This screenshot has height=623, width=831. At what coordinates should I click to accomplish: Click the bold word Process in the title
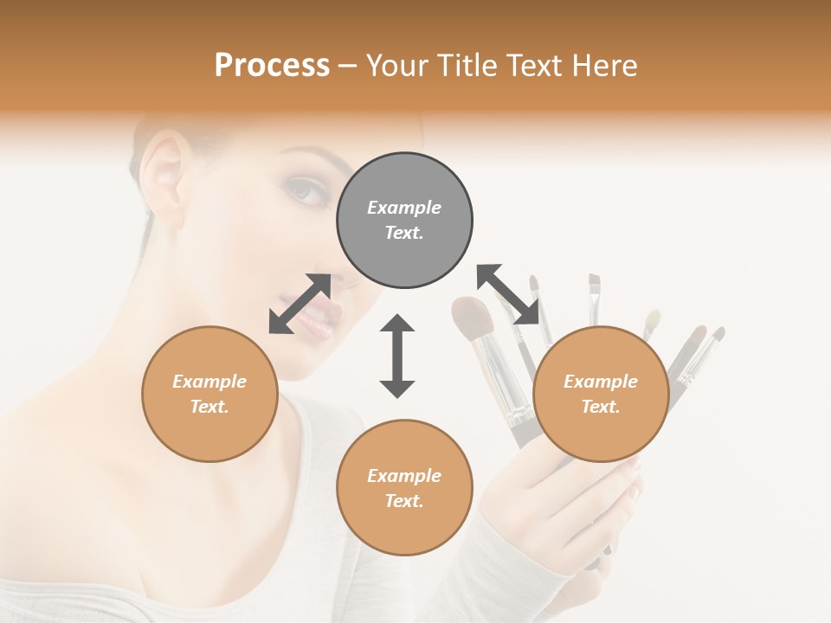point(272,66)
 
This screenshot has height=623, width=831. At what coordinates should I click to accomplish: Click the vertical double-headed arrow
point(397,356)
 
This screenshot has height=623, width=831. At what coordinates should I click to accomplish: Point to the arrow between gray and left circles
point(300,304)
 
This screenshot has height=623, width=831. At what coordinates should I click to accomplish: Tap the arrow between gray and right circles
point(508,294)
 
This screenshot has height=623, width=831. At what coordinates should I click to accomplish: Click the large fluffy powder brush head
point(472,318)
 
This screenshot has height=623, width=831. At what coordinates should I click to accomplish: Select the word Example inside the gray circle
point(404,208)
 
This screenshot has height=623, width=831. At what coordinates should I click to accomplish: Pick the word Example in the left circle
point(209,382)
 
